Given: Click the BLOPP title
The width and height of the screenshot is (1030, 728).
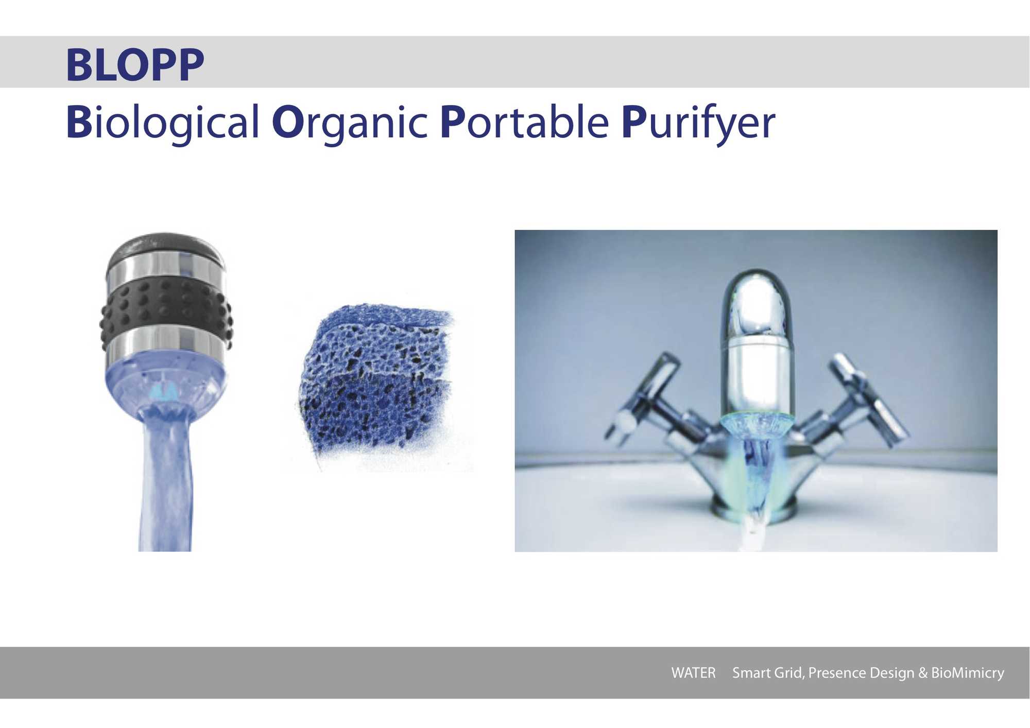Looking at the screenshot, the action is coord(135,65).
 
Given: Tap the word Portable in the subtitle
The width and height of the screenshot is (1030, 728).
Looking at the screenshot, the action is coord(525,122).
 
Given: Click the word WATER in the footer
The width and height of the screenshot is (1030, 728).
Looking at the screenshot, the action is coord(693,673).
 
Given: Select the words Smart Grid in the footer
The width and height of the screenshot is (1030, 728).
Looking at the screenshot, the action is coord(767,673).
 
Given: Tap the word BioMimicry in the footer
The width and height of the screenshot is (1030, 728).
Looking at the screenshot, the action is coord(968,673).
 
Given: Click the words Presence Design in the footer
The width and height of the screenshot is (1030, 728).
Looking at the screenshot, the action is coord(861,673).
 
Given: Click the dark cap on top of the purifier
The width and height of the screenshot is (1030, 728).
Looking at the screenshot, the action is coord(166,249).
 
